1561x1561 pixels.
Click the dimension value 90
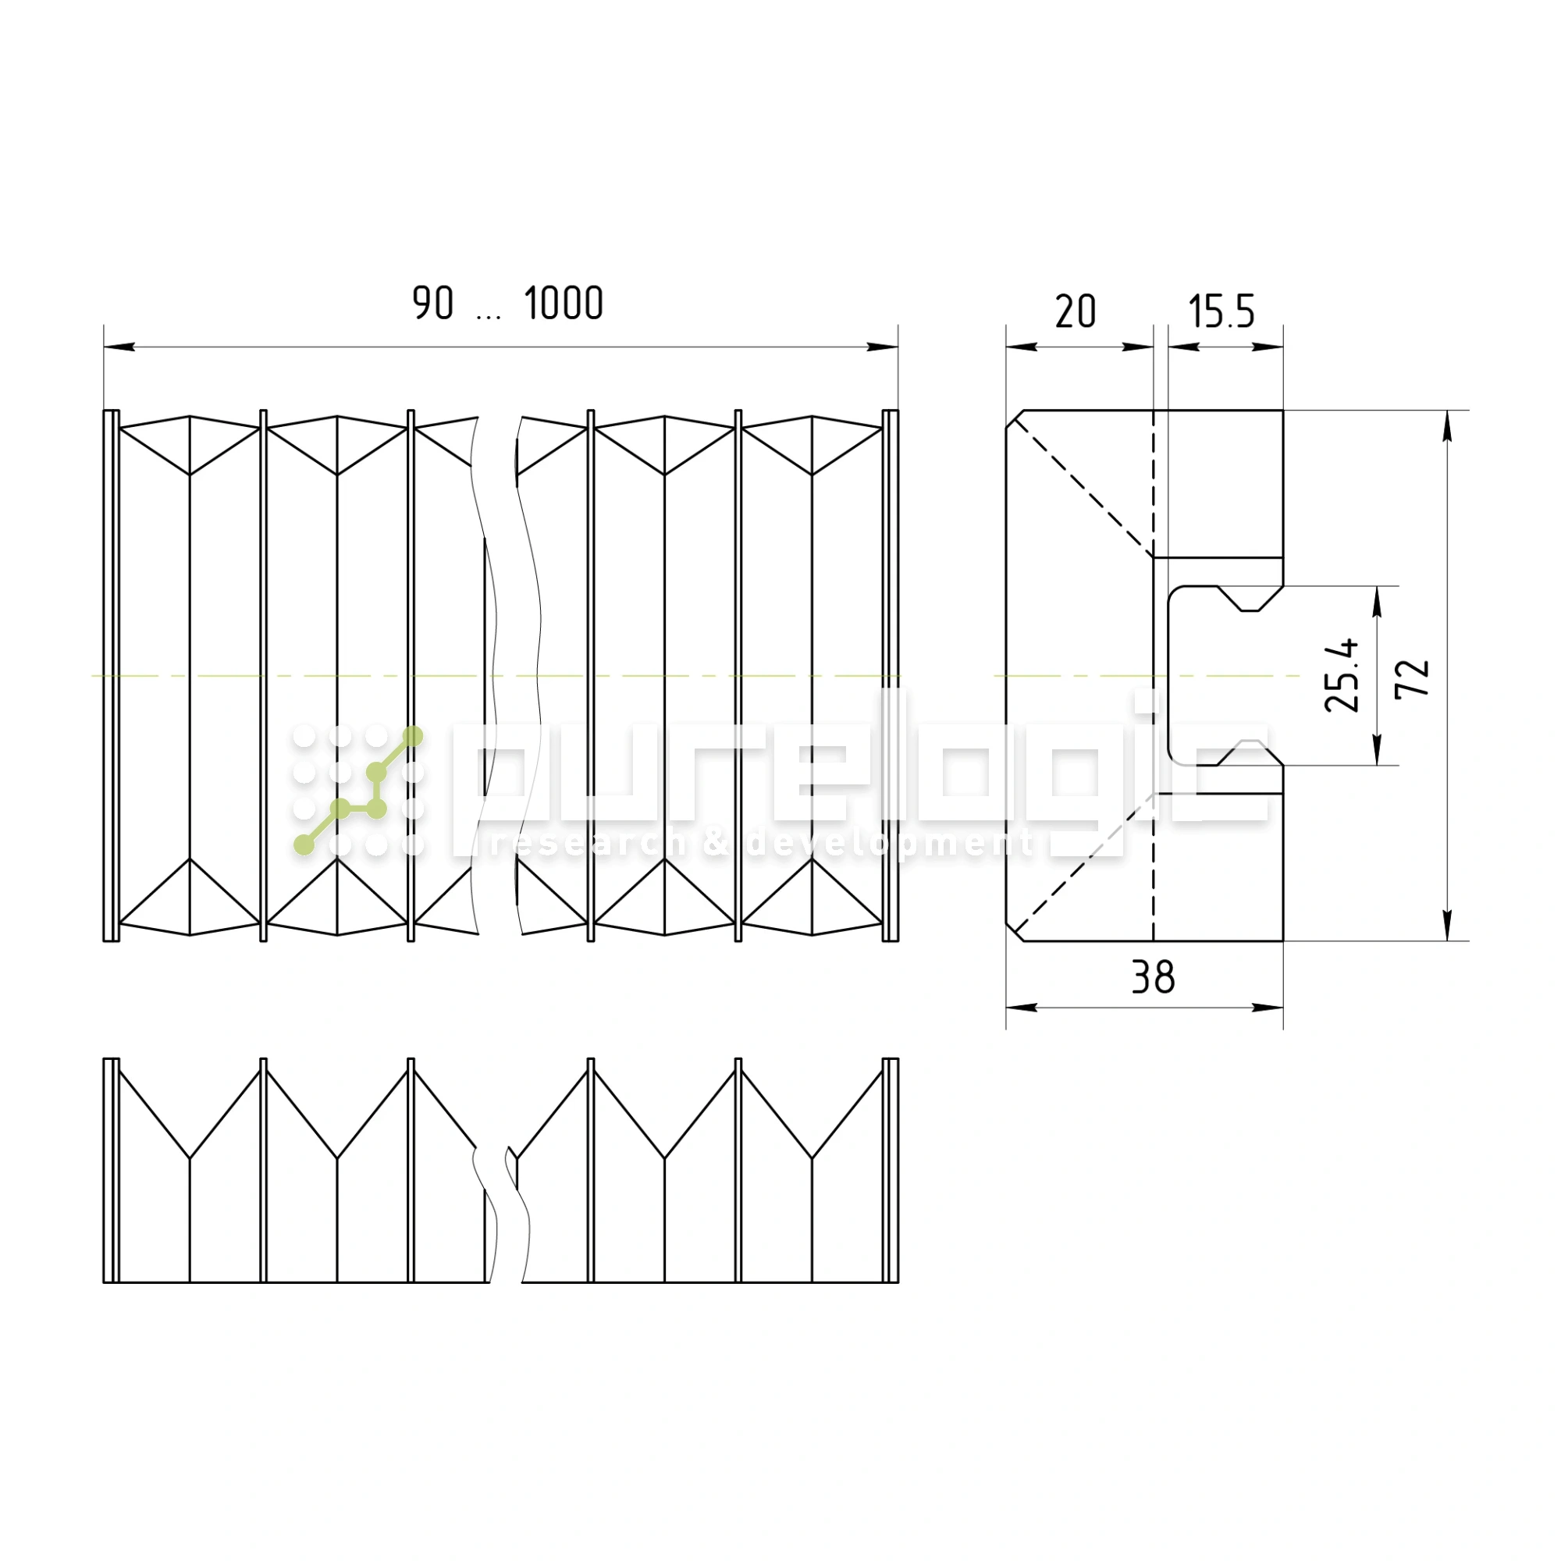pyautogui.click(x=433, y=303)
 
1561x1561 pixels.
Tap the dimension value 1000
pyautogui.click(x=564, y=303)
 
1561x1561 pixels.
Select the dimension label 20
pyautogui.click(x=1076, y=311)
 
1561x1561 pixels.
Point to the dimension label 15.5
pyautogui.click(x=1221, y=311)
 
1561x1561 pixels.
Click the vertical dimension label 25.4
pyautogui.click(x=1342, y=675)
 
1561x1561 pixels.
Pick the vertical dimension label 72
pyautogui.click(x=1413, y=677)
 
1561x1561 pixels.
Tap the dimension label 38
pyautogui.click(x=1153, y=978)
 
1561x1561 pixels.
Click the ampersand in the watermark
pyautogui.click(x=714, y=844)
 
